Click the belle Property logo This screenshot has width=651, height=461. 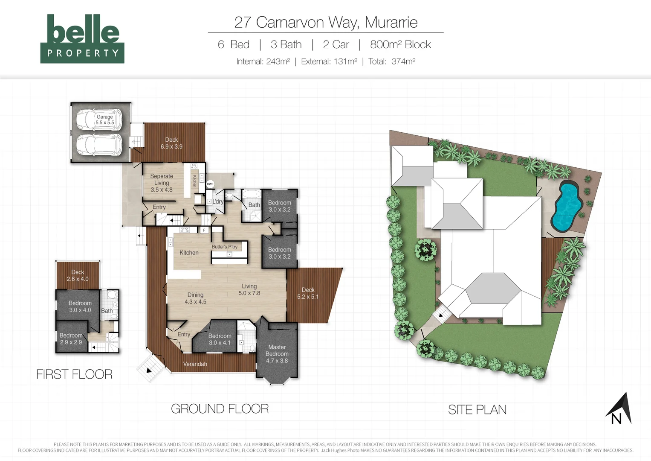(82, 39)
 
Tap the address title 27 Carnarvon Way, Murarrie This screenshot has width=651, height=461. (326, 22)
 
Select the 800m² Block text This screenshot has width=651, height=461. (400, 44)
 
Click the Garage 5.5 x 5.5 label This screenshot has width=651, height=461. (104, 120)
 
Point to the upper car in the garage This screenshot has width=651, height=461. (99, 120)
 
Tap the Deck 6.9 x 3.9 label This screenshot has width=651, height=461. (171, 143)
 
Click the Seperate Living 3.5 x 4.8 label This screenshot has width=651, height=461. (162, 183)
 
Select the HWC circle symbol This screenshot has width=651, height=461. (210, 184)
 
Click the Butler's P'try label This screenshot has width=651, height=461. (225, 247)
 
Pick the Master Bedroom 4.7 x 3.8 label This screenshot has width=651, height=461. (277, 354)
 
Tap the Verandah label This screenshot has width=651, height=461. (195, 364)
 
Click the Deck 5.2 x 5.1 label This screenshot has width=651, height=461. (308, 293)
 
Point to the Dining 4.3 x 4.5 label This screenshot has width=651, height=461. (195, 298)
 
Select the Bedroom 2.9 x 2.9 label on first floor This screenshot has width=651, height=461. (71, 339)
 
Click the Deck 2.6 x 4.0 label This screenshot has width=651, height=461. (78, 275)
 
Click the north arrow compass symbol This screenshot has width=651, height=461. (619, 409)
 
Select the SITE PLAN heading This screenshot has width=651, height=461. (477, 410)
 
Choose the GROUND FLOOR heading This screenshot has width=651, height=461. (220, 409)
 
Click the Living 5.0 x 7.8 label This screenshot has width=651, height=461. (249, 289)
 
